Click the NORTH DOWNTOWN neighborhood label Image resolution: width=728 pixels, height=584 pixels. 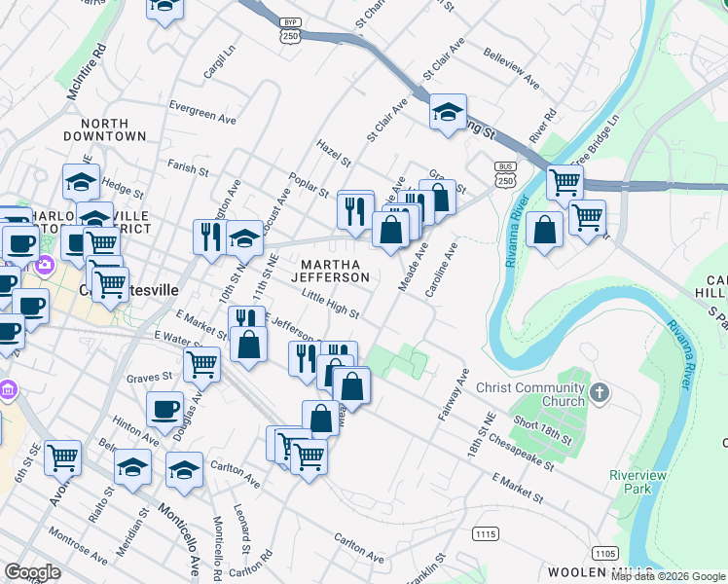pyautogui.click(x=113, y=129)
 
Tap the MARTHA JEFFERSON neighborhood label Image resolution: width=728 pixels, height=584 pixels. pyautogui.click(x=335, y=271)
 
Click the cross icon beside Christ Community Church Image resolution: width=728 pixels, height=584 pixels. pyautogui.click(x=600, y=393)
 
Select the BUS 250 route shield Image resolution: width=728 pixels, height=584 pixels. pyautogui.click(x=505, y=175)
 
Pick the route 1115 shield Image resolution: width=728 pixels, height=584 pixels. pyautogui.click(x=486, y=533)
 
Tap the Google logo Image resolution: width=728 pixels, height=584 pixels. pyautogui.click(x=32, y=571)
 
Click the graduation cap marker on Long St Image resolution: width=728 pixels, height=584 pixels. pyautogui.click(x=448, y=113)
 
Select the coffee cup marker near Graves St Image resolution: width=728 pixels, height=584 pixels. pyautogui.click(x=164, y=410)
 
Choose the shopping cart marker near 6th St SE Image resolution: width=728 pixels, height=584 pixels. pyautogui.click(x=62, y=457)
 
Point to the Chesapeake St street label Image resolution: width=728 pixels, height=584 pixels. pyautogui.click(x=523, y=451)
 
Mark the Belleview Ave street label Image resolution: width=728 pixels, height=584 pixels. pyautogui.click(x=511, y=70)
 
